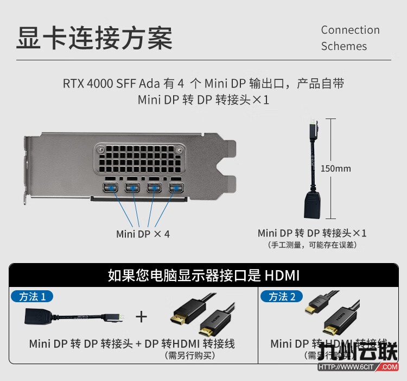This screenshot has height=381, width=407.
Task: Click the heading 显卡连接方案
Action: tap(94, 38)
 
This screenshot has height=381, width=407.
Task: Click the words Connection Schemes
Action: tap(350, 38)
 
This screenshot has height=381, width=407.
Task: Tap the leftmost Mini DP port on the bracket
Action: tap(109, 189)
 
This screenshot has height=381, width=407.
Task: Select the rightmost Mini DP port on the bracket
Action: tap(175, 189)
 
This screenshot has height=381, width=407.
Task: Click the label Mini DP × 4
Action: tap(143, 234)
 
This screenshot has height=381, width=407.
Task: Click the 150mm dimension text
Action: tap(335, 168)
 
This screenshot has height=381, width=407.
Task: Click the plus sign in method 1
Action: tap(141, 316)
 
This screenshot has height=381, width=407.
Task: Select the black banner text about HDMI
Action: tap(203, 275)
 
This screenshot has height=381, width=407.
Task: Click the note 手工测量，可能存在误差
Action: tap(312, 245)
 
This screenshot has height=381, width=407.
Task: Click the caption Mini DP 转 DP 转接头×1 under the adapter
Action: tap(312, 233)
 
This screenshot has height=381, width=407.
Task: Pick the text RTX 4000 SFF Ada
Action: tap(111, 84)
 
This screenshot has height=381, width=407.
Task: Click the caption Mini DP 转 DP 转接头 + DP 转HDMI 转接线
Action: tap(132, 344)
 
